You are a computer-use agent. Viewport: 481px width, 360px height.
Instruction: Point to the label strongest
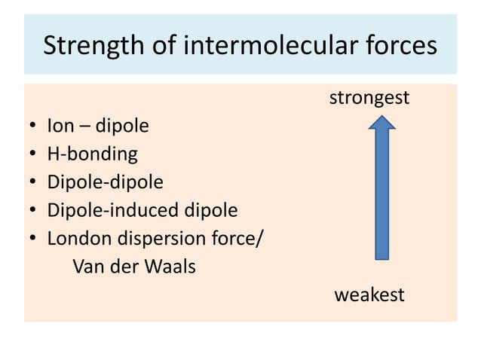[x=369, y=98]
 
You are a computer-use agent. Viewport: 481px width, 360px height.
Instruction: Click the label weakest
[x=369, y=294]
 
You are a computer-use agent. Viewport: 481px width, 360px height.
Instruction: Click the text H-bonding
[x=92, y=154]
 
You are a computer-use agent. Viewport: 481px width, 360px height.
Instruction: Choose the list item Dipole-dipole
[x=105, y=182]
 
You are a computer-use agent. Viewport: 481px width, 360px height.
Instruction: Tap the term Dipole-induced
[x=93, y=210]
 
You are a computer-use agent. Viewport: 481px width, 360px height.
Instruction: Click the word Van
[x=87, y=267]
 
